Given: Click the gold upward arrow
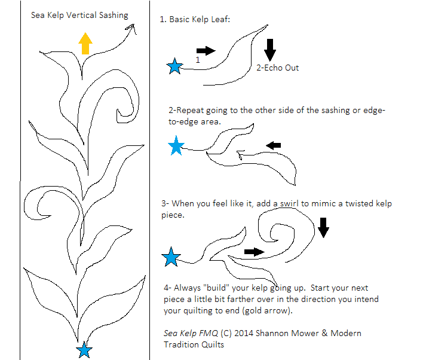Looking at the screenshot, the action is [x=85, y=44].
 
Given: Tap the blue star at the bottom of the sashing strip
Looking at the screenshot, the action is [x=84, y=350].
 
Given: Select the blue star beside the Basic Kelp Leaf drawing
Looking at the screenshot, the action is [x=174, y=66].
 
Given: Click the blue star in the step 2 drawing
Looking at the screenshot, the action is [x=176, y=146].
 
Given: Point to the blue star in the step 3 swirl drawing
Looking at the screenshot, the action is [x=171, y=257].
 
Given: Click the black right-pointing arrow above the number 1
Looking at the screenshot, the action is [x=206, y=50].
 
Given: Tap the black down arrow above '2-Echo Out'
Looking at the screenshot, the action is [x=270, y=50].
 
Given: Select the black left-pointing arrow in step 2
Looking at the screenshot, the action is [x=273, y=145].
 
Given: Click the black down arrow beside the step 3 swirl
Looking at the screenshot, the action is [x=323, y=228].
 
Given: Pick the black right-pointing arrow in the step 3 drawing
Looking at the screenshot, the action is [x=254, y=252].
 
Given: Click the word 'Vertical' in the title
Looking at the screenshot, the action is [x=81, y=15].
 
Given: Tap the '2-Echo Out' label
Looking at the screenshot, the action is [x=278, y=68].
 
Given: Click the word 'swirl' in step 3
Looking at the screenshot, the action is [x=289, y=203].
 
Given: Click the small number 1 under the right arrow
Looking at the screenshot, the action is [x=198, y=60].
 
